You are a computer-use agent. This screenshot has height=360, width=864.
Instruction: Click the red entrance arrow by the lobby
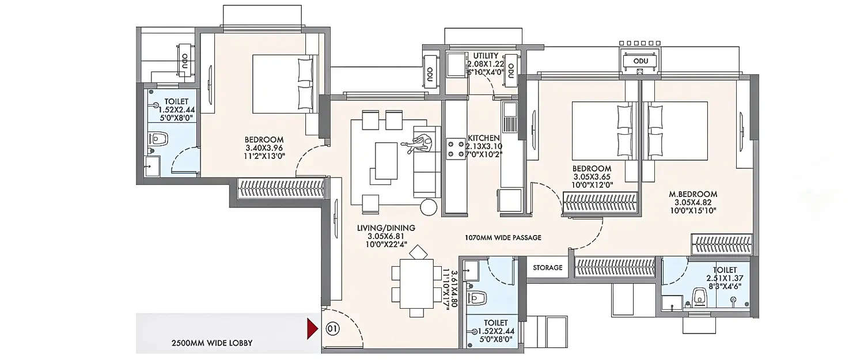(312, 329)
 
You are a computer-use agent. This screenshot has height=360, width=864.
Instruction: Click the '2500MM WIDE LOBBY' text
(212, 343)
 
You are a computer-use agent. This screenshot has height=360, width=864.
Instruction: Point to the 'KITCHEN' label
(483, 138)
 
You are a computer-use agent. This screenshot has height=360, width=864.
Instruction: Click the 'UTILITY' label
(486, 56)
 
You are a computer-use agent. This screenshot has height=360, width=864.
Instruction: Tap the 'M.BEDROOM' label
(696, 194)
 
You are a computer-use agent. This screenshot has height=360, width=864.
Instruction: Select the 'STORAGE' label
(547, 268)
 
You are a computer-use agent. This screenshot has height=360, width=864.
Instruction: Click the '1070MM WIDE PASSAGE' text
(503, 237)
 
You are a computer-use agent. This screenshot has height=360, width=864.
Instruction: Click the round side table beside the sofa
(429, 207)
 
